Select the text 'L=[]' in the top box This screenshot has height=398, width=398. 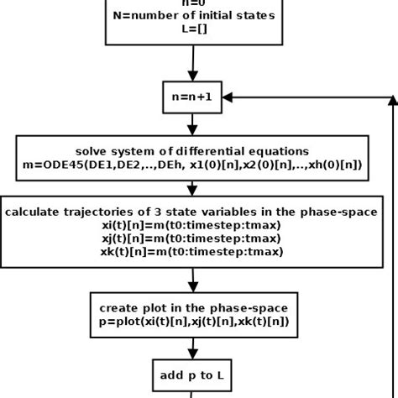(194, 29)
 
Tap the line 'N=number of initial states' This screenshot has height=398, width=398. (194, 16)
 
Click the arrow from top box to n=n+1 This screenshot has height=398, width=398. (194, 62)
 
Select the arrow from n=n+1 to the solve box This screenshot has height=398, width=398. (194, 123)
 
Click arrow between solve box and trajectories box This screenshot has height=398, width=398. (194, 186)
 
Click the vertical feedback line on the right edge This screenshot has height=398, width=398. (393, 252)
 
